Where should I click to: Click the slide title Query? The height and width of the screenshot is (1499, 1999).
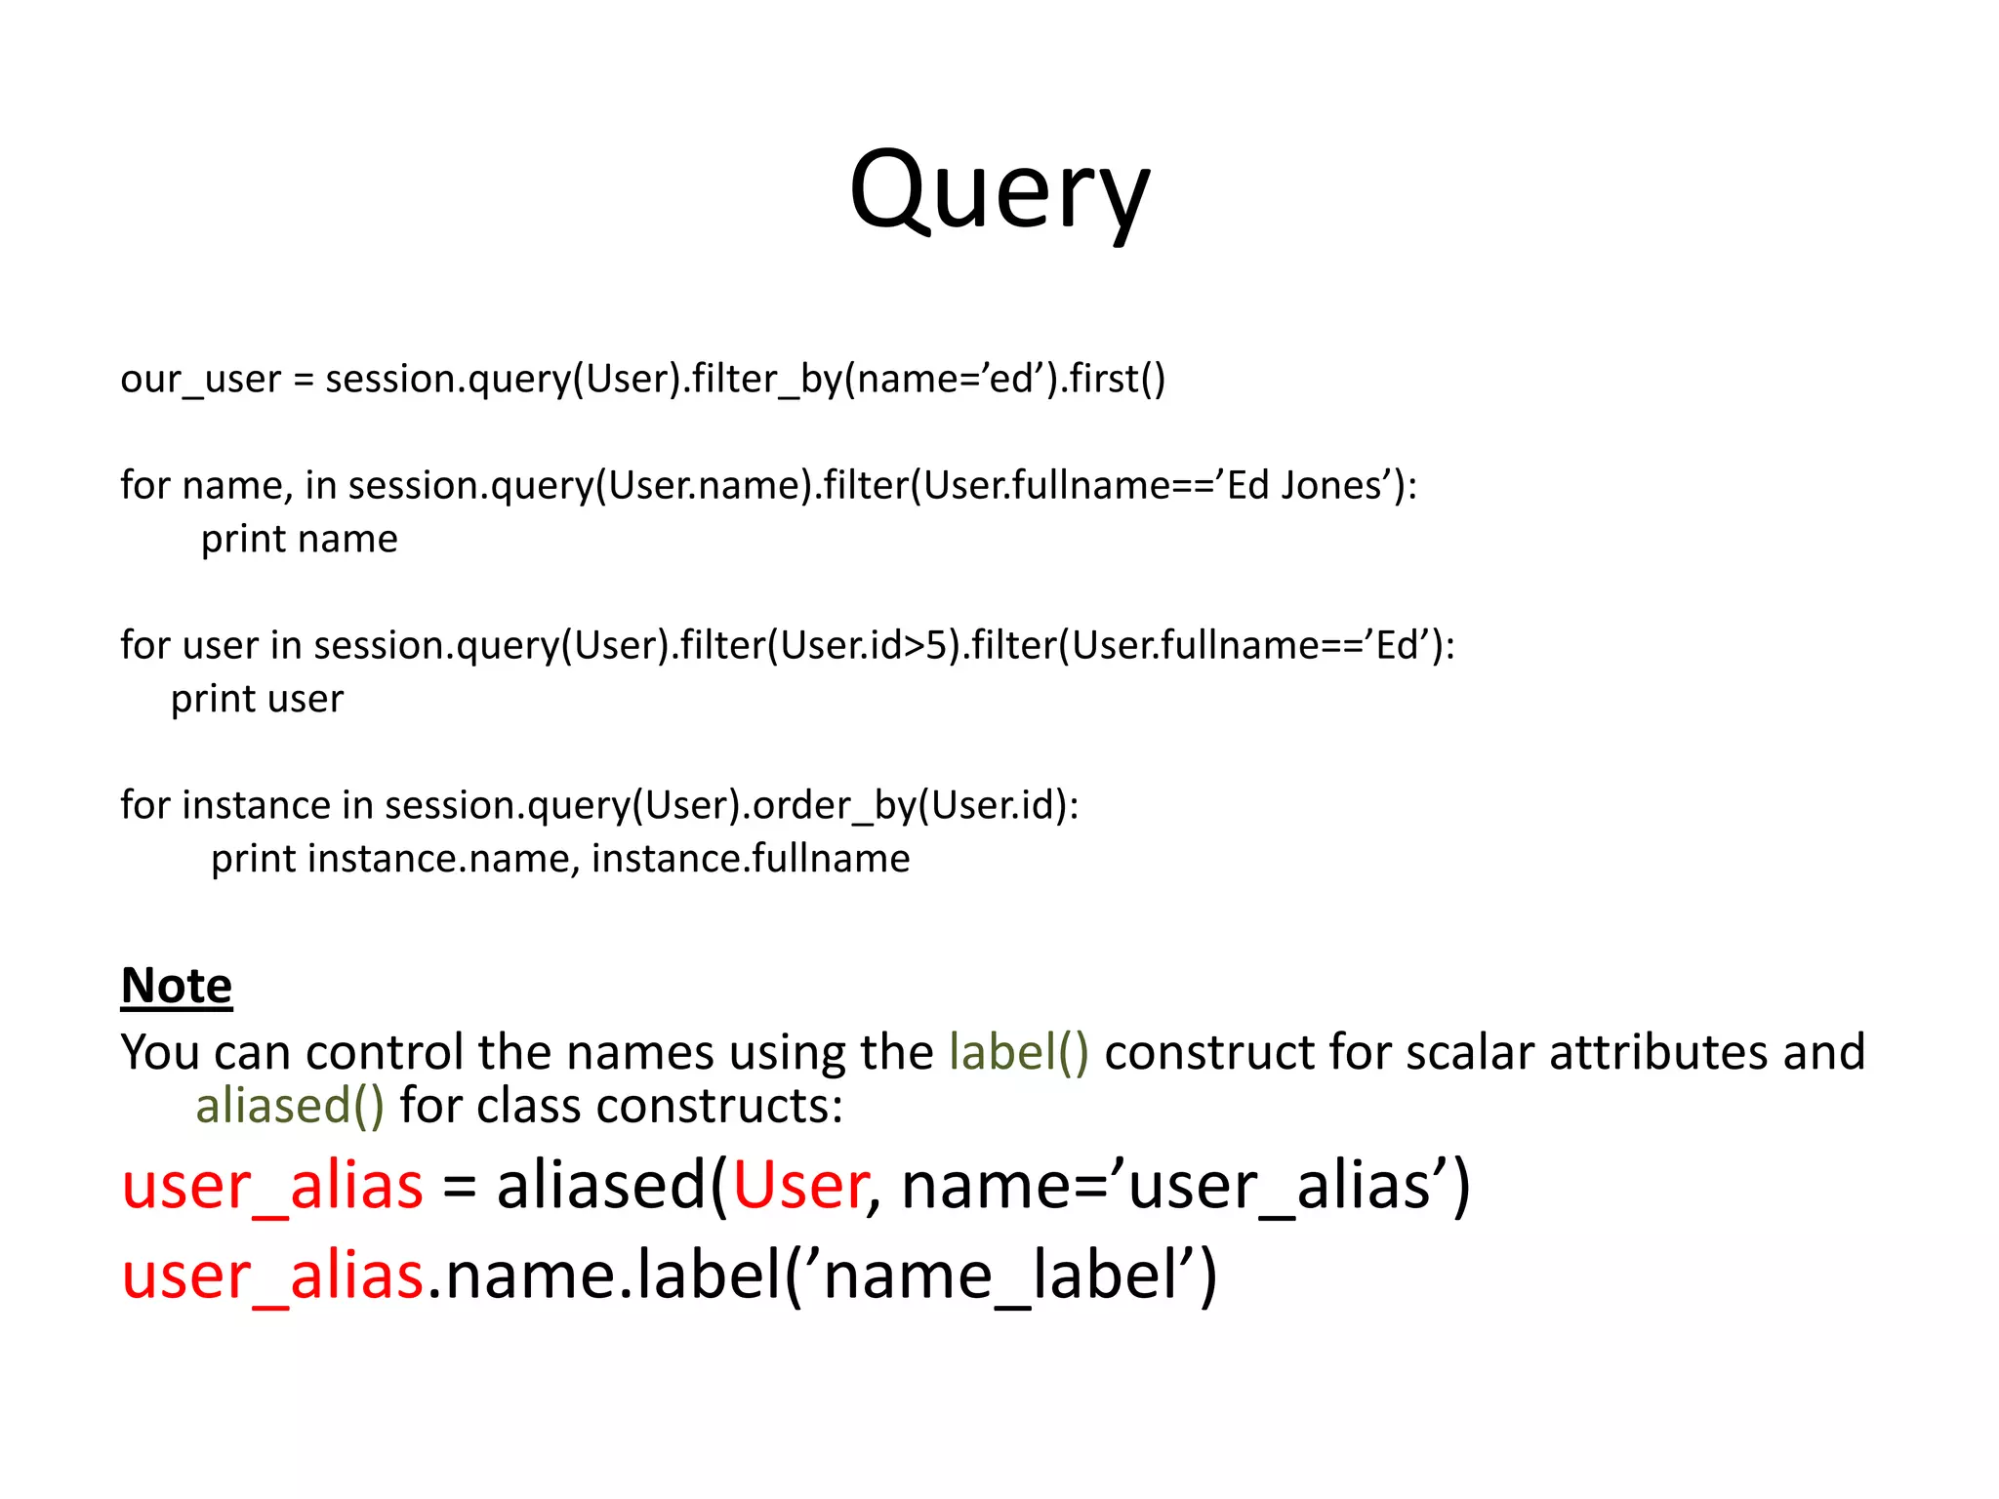(x=999, y=190)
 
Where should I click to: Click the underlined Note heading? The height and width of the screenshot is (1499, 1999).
(x=177, y=985)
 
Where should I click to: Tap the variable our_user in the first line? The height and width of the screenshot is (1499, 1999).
(x=200, y=379)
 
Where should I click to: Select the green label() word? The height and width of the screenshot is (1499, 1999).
(x=1018, y=1052)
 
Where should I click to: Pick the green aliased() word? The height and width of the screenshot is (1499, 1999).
(x=290, y=1106)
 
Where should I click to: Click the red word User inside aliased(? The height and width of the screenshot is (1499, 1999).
(x=799, y=1186)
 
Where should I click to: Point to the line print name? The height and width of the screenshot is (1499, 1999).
(x=299, y=539)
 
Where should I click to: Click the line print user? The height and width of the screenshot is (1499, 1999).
(x=257, y=699)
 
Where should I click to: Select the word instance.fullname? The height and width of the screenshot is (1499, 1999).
(x=751, y=859)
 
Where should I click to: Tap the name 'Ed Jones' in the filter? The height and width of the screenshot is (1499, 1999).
(x=1305, y=485)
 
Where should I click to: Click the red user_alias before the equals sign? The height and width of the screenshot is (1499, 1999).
(x=272, y=1186)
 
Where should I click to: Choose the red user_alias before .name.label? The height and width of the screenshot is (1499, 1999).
(x=272, y=1276)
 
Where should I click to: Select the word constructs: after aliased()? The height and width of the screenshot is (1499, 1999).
(x=718, y=1106)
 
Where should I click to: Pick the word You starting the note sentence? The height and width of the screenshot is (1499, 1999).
(x=160, y=1052)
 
